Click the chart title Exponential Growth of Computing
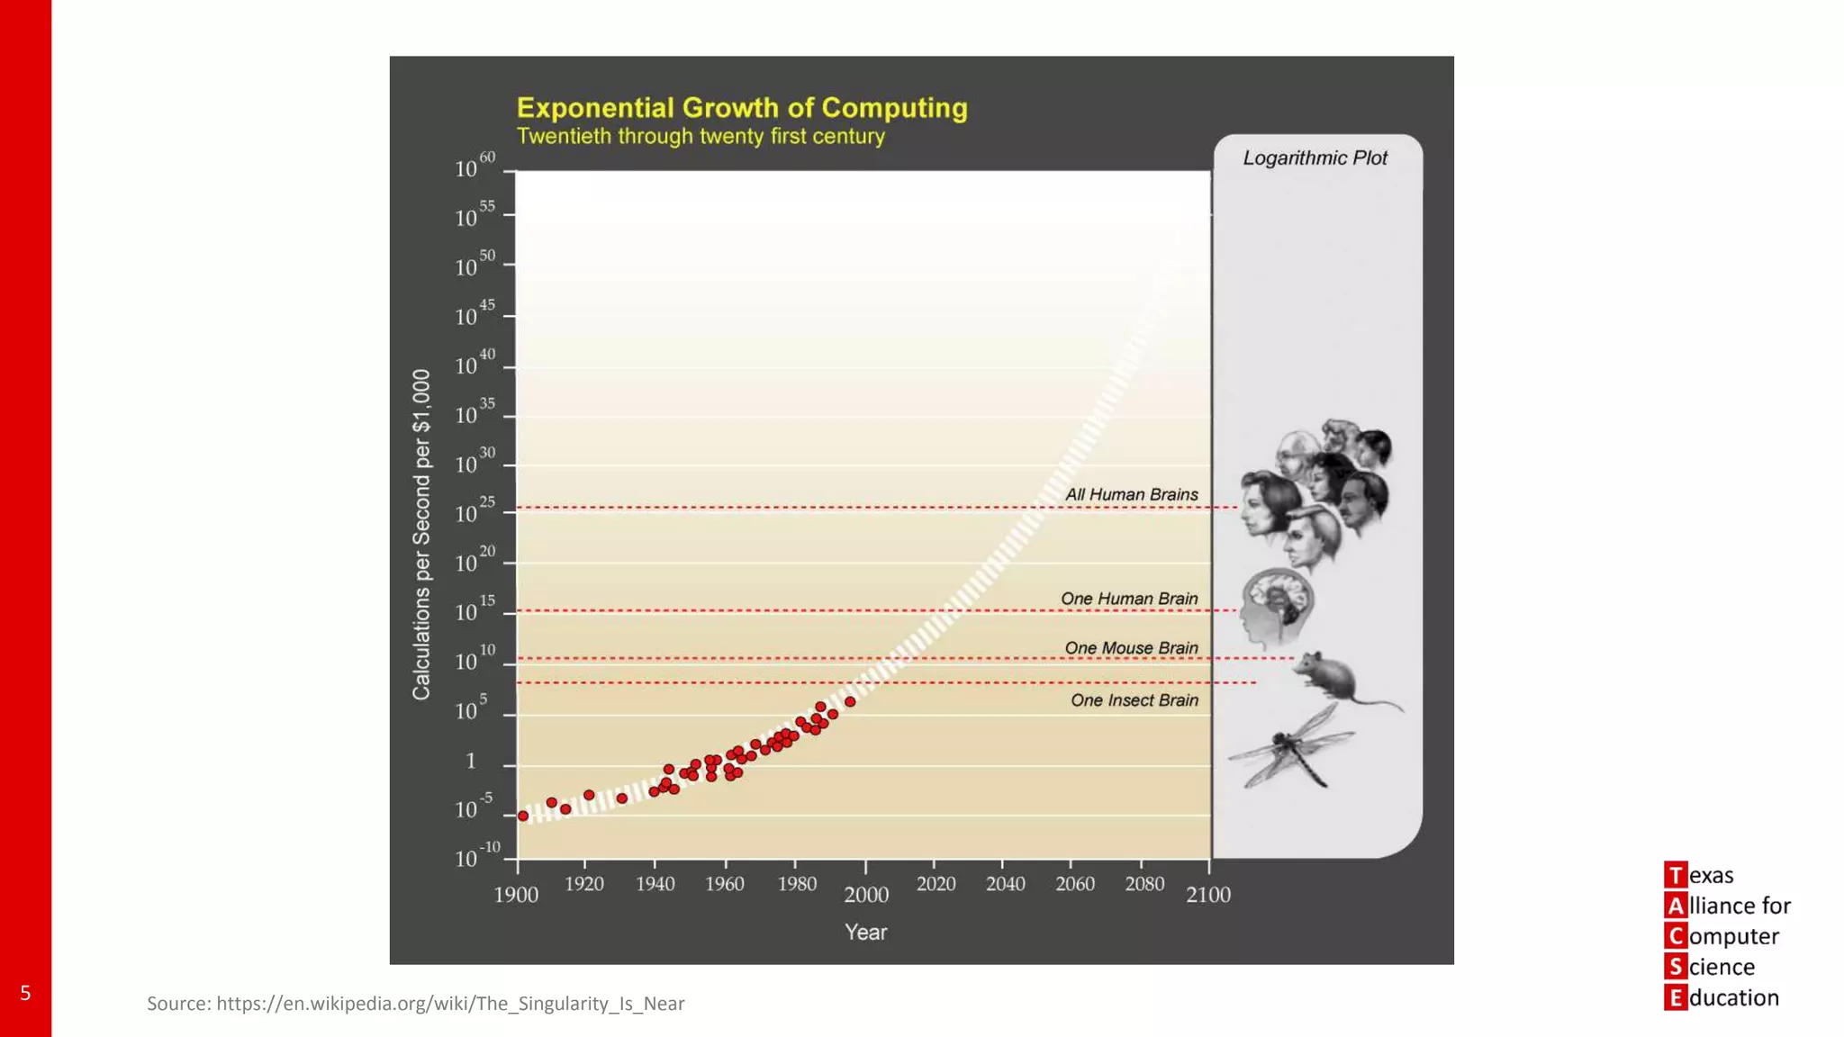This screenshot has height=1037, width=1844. click(742, 108)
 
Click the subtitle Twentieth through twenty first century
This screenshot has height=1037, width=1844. click(701, 137)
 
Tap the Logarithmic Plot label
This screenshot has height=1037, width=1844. click(1315, 158)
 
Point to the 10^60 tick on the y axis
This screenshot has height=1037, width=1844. click(475, 167)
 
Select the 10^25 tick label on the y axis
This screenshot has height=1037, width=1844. click(475, 512)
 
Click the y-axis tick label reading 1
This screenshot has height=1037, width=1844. click(471, 762)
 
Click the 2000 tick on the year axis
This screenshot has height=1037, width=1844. click(865, 894)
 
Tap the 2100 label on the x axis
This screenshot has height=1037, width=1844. click(1207, 894)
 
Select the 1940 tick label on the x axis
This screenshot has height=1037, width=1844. click(655, 884)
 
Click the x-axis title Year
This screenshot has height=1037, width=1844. click(865, 933)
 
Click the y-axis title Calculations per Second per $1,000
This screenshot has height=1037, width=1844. click(421, 535)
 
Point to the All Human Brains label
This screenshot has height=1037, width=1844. click(1131, 495)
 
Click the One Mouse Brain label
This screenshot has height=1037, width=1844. click(1131, 648)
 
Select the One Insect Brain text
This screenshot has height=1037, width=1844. click(1134, 700)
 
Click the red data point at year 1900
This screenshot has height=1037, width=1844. click(523, 816)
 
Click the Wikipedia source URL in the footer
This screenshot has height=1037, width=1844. click(450, 1004)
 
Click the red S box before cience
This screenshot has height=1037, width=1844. click(1675, 967)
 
